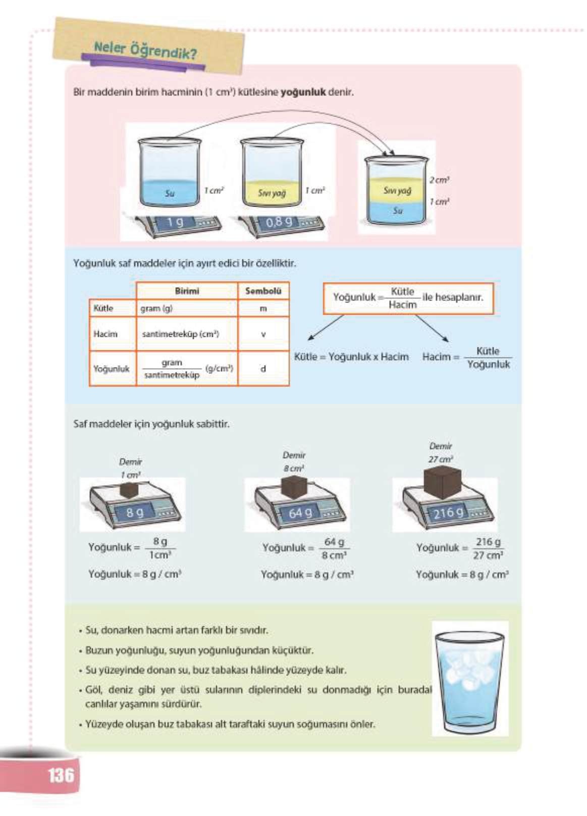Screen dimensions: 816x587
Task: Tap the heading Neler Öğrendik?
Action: click(145, 50)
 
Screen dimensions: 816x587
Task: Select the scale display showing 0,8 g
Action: click(279, 222)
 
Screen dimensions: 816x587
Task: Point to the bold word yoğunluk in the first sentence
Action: click(303, 92)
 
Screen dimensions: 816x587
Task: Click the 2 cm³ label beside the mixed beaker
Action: click(439, 180)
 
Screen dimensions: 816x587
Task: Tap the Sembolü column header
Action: click(263, 291)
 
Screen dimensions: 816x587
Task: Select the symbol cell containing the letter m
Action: click(263, 308)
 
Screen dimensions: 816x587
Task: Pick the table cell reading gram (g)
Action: click(156, 308)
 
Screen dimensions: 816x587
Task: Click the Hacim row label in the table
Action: click(105, 334)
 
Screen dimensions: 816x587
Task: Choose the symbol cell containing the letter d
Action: click(263, 369)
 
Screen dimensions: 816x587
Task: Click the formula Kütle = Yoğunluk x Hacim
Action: click(351, 356)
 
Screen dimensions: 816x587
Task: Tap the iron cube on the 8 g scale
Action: click(130, 489)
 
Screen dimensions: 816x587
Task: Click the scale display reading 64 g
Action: click(300, 513)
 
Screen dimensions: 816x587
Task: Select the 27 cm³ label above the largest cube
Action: click(441, 460)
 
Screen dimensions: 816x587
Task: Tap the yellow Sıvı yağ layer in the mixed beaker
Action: click(397, 190)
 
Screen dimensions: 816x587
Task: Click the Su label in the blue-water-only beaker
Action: click(170, 193)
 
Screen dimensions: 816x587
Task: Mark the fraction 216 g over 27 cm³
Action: click(488, 548)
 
